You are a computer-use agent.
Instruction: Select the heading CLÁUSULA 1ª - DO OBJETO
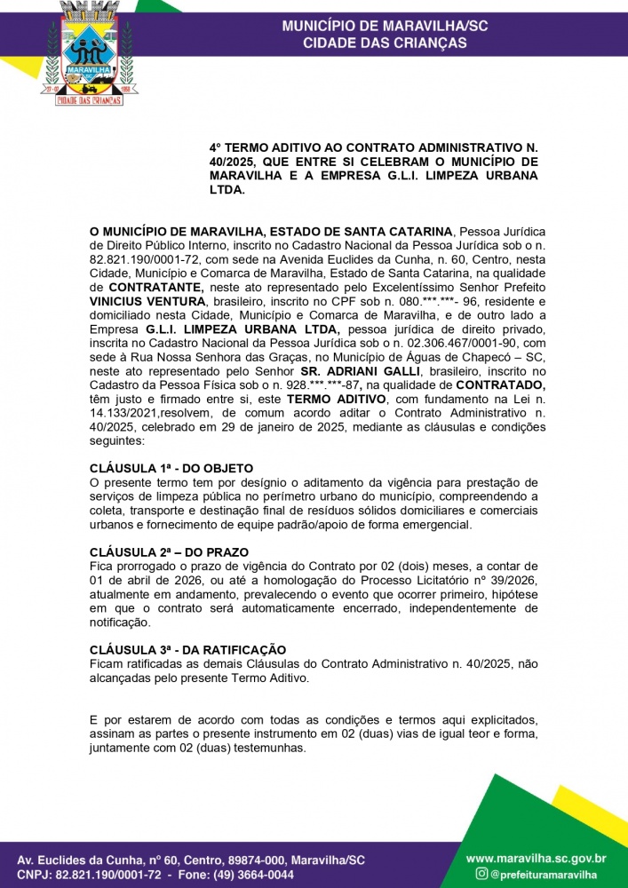[171, 468]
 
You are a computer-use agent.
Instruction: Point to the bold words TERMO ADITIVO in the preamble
[331, 398]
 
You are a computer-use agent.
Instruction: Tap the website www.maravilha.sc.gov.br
[536, 859]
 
